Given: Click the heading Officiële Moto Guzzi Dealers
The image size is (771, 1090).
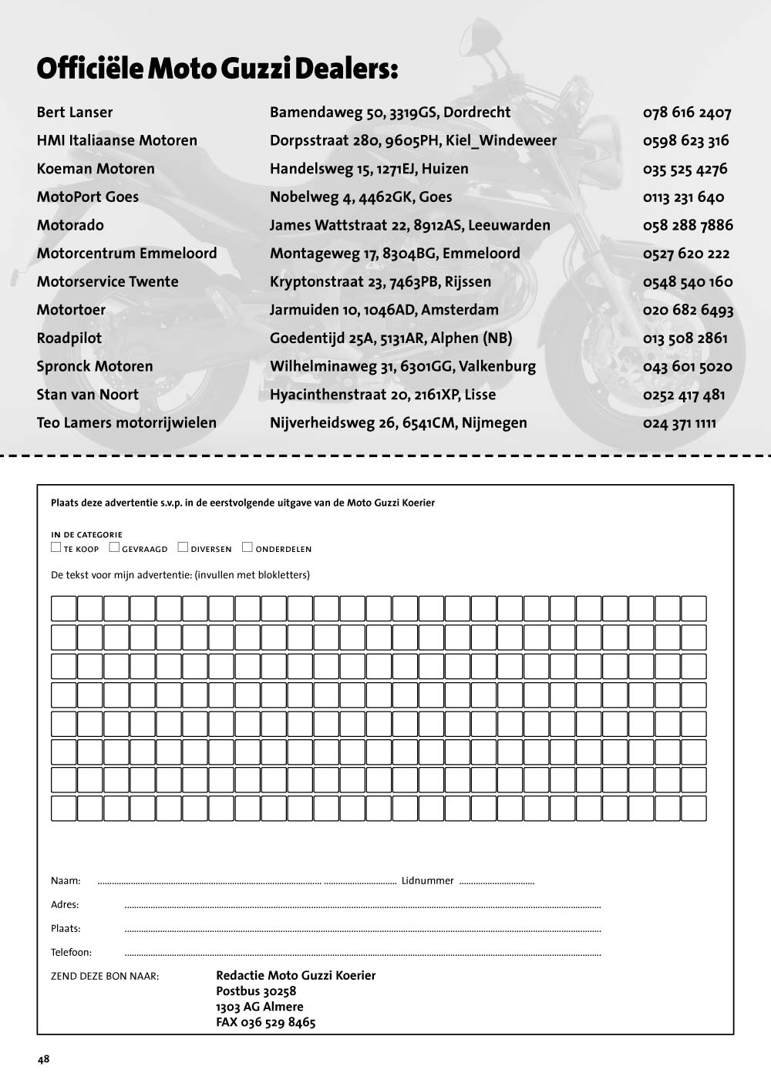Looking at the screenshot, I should (x=217, y=69).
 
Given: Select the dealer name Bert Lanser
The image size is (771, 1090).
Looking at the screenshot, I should (x=75, y=113).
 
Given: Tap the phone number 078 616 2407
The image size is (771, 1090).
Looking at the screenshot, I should (x=686, y=113).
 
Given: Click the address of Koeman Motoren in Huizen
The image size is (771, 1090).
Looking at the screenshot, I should (x=369, y=169).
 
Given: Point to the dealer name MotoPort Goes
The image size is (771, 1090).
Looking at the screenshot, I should (x=88, y=197).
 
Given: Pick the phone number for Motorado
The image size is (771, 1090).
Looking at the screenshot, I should (x=688, y=225).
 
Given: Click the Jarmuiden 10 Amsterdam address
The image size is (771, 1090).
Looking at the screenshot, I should (x=384, y=310).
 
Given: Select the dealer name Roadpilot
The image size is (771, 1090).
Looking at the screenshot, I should (x=69, y=338).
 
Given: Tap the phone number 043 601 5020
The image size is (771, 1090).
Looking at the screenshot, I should (x=687, y=366).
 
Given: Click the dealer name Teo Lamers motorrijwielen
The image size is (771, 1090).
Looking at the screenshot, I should (x=126, y=422).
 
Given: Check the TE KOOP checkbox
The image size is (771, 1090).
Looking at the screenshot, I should (x=56, y=547).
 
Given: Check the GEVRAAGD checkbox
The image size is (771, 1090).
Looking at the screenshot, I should (x=114, y=547).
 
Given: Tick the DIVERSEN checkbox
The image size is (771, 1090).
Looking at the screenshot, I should (x=183, y=547).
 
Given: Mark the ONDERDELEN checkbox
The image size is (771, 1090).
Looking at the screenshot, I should (x=247, y=547).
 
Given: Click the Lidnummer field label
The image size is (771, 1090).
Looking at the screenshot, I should (x=427, y=880).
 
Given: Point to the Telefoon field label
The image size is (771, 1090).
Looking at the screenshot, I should (x=71, y=952).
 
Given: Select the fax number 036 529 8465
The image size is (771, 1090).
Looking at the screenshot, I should (x=266, y=1023).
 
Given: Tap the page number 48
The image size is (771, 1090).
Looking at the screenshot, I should (x=43, y=1059).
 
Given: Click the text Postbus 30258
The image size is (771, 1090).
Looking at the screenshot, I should (x=256, y=991).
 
